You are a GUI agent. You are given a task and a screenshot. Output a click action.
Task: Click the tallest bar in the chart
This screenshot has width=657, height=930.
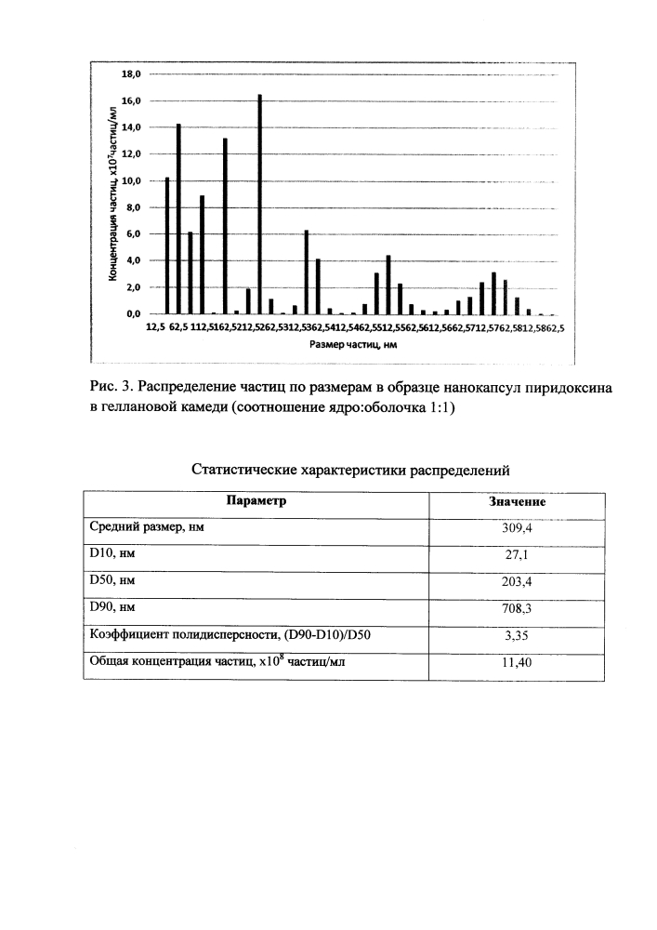259,205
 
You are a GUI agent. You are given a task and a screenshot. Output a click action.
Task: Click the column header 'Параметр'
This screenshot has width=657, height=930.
256,501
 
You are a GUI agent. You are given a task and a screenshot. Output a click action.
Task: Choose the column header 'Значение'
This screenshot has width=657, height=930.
517,502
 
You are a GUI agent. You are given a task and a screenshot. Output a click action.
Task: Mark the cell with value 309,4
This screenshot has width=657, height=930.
517,528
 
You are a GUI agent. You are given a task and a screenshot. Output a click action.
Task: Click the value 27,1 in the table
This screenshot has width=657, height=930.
517,556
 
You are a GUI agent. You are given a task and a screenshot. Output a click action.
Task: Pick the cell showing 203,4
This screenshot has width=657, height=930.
517,583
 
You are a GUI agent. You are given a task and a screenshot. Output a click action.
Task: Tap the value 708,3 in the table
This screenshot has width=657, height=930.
517,610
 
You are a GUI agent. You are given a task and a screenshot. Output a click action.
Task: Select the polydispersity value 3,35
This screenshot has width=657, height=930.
517,637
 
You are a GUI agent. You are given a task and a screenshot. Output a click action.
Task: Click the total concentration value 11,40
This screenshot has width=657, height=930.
517,664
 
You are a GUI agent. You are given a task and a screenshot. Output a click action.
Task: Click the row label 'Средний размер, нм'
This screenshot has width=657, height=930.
147,527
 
